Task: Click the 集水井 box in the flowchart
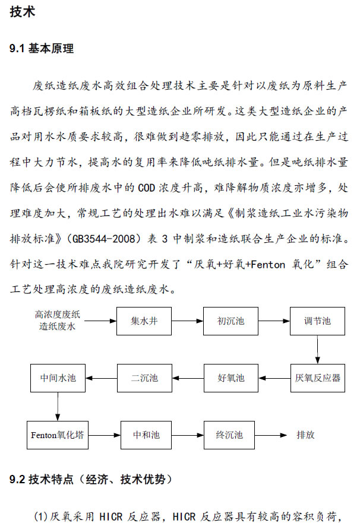[144, 321]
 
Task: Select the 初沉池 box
[230, 321]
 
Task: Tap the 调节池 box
[317, 321]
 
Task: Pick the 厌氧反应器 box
[318, 378]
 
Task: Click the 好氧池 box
[231, 378]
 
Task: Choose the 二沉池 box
[144, 378]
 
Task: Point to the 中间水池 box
[58, 378]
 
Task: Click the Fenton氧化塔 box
[58, 435]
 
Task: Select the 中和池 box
[146, 435]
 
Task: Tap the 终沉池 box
[229, 435]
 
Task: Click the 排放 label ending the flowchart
[305, 435]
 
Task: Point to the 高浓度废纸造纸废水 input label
[58, 320]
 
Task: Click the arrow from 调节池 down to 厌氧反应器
[317, 350]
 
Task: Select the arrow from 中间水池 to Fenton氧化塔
[58, 406]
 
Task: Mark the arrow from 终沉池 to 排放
[270, 435]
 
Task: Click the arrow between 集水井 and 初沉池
[187, 321]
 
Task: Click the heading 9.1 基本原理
[42, 49]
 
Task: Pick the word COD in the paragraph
[147, 188]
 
